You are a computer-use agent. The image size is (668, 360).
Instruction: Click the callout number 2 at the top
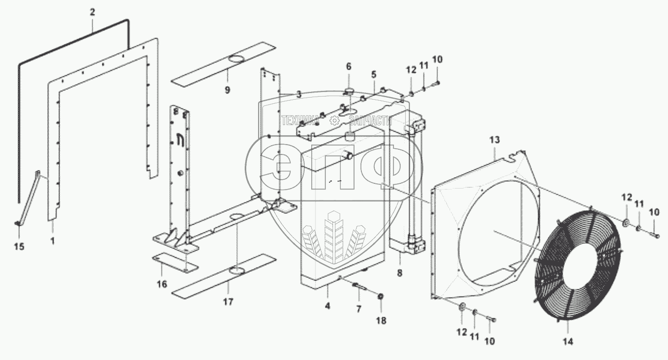point(92,12)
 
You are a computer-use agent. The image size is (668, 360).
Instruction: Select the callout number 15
point(19,246)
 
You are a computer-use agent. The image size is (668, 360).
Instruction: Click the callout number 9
point(227,90)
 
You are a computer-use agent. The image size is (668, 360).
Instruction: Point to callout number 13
point(495,139)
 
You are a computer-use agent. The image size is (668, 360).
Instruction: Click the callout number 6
point(348,66)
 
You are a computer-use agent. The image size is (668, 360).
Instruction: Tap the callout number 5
point(373,74)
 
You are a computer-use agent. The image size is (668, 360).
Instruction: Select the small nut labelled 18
point(381,295)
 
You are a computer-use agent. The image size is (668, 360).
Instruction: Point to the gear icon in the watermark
point(334,121)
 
